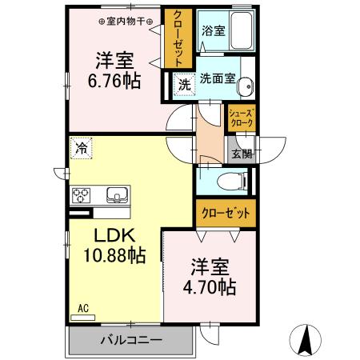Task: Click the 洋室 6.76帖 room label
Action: click(x=114, y=70)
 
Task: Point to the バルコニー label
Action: click(x=131, y=339)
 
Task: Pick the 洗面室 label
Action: click(x=218, y=81)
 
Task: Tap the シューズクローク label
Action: click(x=241, y=118)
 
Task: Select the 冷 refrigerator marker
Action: click(x=82, y=147)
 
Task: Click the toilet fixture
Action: click(x=238, y=182)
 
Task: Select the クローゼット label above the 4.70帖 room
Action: click(x=225, y=214)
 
